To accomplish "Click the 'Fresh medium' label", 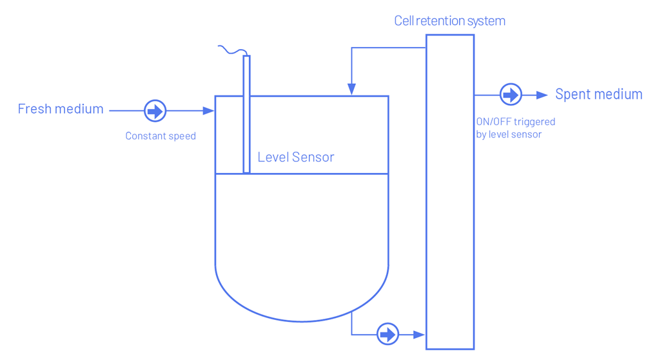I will (x=61, y=109).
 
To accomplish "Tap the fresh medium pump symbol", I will (x=155, y=111).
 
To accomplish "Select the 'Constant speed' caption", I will (x=161, y=136).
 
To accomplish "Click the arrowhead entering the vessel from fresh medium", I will (x=208, y=111).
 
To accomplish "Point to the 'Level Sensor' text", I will (x=296, y=157).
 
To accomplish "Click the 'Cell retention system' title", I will (x=449, y=21).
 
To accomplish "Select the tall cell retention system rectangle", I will (x=450, y=194).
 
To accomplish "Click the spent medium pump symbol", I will (x=511, y=95).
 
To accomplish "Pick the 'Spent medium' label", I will (x=598, y=95).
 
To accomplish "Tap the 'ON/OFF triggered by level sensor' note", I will (x=514, y=128).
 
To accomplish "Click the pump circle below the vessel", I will (x=387, y=334).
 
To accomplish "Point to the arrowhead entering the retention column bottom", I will (x=420, y=334).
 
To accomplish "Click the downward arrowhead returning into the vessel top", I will (x=351, y=90).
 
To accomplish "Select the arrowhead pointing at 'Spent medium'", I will (x=544, y=95).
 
